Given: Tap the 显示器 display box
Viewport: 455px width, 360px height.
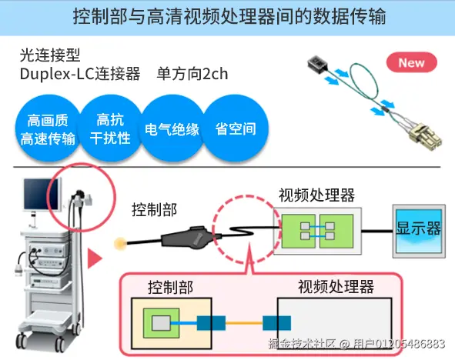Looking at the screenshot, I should (x=418, y=228).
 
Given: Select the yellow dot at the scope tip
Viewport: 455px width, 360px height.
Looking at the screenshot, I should (x=120, y=245).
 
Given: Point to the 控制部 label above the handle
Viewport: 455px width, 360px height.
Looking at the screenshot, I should (x=154, y=209).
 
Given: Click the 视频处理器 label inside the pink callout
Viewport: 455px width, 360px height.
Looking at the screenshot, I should (x=336, y=288).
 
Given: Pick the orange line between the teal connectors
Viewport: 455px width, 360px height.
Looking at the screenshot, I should (x=243, y=323).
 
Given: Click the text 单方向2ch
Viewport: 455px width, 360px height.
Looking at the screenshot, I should (x=192, y=74).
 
